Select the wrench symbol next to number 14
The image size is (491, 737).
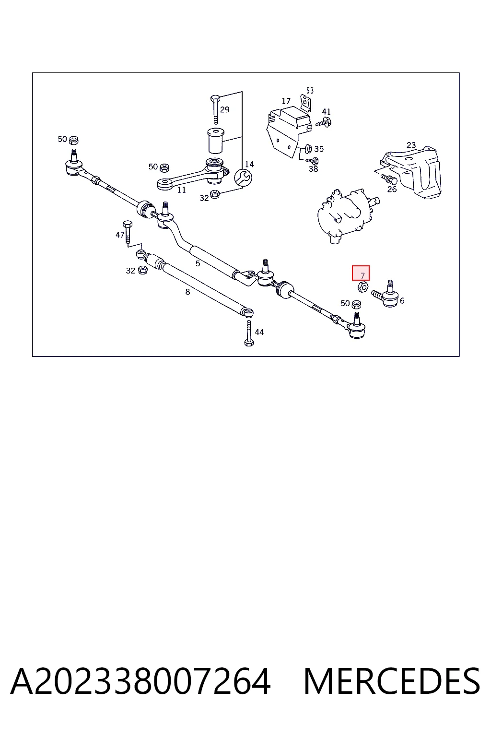244,178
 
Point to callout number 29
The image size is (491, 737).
224,109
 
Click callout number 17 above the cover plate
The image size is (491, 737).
286,101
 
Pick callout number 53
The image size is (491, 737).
310,90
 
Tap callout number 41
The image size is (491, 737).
326,111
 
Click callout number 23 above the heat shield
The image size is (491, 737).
411,145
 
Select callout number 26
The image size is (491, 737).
392,189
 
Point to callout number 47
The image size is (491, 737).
120,235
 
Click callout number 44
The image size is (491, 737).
259,332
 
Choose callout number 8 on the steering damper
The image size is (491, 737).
187,292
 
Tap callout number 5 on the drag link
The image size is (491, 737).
198,263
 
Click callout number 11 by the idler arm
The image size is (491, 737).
182,190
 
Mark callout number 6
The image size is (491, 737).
402,300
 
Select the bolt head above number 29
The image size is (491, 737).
215,99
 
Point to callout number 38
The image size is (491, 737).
314,169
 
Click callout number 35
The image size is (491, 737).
319,149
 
